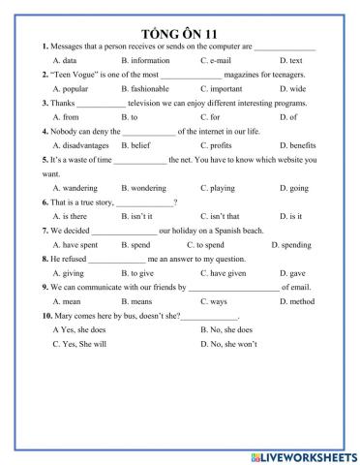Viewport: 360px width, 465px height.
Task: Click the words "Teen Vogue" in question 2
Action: [x=75, y=74]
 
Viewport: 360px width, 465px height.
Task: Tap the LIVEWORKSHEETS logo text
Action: [x=304, y=453]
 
